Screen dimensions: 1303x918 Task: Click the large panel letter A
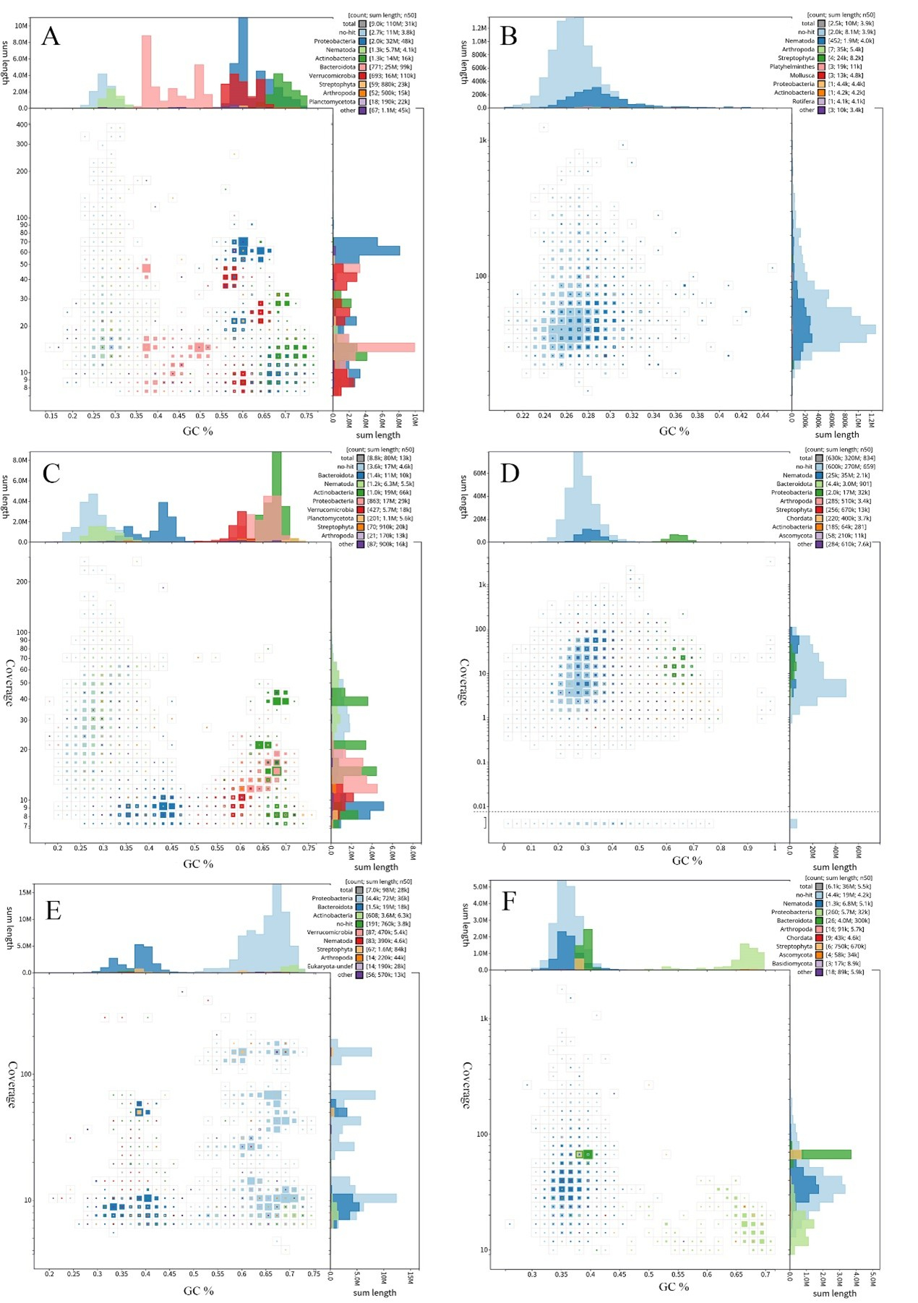pyautogui.click(x=50, y=36)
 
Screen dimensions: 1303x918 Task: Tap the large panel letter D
pyautogui.click(x=510, y=473)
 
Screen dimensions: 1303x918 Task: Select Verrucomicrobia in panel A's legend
pyautogui.click(x=332, y=76)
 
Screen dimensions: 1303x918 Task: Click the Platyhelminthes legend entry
pyautogui.click(x=792, y=67)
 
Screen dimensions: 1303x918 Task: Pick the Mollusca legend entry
pyautogui.click(x=802, y=75)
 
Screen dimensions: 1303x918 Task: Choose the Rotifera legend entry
pyautogui.click(x=802, y=101)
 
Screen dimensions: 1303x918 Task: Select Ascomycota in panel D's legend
pyautogui.click(x=795, y=536)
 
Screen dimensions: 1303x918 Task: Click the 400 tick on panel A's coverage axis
pyautogui.click(x=22, y=124)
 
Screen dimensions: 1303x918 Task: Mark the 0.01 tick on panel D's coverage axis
pyautogui.click(x=479, y=806)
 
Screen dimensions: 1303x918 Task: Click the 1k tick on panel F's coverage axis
pyautogui.click(x=484, y=1018)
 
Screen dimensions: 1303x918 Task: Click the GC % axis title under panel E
pyautogui.click(x=198, y=1291)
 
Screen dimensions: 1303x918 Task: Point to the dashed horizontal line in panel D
pyautogui.click(x=636, y=812)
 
